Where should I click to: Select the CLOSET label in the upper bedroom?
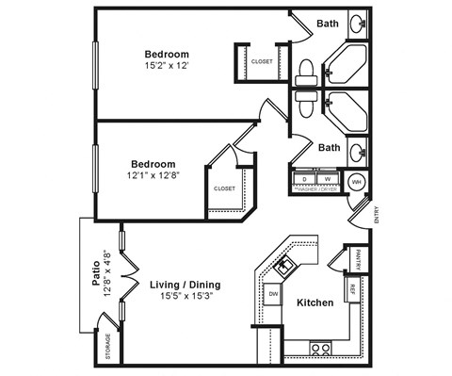[262, 62]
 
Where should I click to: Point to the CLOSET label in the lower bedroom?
[225, 188]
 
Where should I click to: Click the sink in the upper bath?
[358, 23]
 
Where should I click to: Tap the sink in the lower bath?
[358, 150]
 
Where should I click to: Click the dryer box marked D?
[305, 177]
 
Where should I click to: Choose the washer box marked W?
[328, 177]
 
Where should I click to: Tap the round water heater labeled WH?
[356, 182]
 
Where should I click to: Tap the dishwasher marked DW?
[273, 295]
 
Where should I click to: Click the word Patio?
[96, 272]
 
